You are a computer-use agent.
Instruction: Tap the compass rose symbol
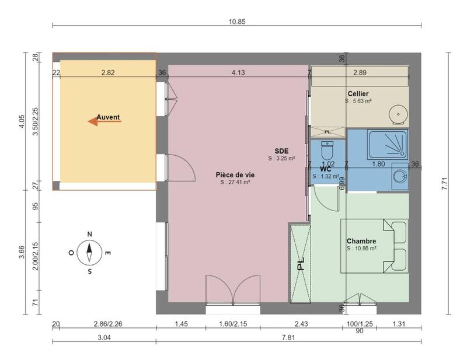[x=89, y=253]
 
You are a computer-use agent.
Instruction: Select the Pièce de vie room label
[x=235, y=174]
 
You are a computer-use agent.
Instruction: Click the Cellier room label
[x=358, y=93]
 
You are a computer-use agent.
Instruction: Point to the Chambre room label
[x=361, y=241]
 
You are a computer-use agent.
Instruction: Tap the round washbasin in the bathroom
[x=399, y=176]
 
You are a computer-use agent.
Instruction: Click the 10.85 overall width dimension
[x=236, y=22]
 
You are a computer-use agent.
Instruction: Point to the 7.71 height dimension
[x=444, y=184]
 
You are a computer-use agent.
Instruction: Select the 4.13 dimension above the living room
[x=238, y=73]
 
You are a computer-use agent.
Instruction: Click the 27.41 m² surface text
[x=235, y=182]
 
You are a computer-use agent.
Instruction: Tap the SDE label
[x=282, y=151]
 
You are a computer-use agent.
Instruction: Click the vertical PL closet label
[x=301, y=264]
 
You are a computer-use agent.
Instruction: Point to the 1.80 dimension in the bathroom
[x=378, y=165]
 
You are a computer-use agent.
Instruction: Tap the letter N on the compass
[x=89, y=235]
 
